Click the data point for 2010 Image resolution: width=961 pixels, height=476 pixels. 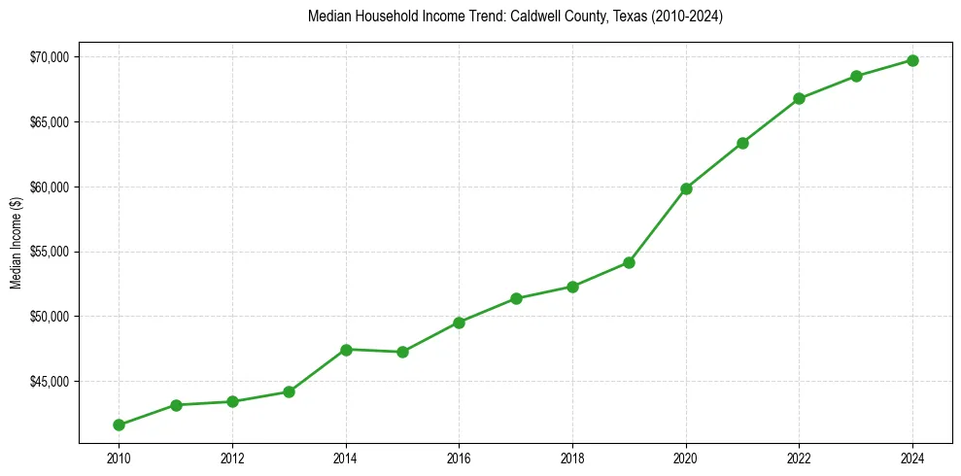[119, 425]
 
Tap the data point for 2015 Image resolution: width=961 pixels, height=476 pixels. [402, 352]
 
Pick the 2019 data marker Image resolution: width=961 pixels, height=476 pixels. [629, 262]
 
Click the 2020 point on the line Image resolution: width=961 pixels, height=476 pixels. [686, 188]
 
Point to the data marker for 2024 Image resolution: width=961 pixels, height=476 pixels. [912, 60]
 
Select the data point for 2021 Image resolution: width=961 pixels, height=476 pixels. [742, 143]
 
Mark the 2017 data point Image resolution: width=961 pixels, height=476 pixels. [516, 298]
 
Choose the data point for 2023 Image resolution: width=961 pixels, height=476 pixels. [856, 76]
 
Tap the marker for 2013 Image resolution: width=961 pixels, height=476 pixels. [289, 391]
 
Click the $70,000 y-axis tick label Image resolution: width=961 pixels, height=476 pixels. [50, 57]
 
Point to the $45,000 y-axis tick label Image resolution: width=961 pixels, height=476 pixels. [50, 382]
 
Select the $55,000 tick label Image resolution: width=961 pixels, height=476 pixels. [50, 252]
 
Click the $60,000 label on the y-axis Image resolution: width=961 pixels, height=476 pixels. [50, 187]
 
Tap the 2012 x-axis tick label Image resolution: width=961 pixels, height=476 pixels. [232, 459]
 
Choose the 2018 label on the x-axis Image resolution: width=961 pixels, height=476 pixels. [572, 459]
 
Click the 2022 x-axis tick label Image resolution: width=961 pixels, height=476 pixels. [799, 459]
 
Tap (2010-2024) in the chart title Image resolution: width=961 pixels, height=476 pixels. [687, 17]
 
